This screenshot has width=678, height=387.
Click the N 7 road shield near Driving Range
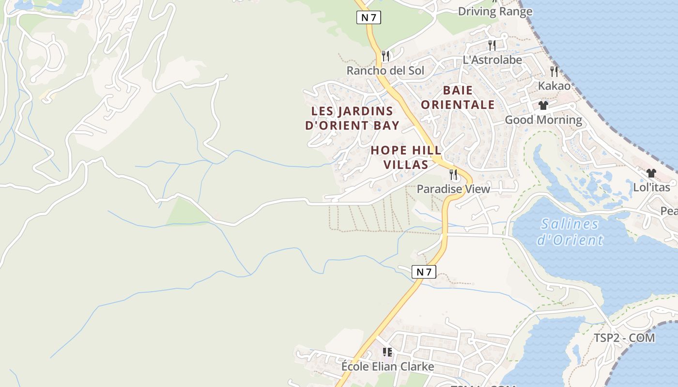tap(369, 18)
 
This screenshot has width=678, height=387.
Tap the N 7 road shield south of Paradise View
tap(424, 272)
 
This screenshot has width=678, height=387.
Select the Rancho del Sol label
tap(385, 71)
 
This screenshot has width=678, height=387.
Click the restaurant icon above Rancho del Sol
tap(385, 56)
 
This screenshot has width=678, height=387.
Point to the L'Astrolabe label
tap(492, 60)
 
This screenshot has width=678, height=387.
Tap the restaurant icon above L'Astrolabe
tap(492, 45)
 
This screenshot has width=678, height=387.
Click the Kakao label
tap(554, 86)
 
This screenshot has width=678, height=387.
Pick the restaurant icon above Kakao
tap(554, 72)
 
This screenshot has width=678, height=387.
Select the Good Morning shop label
tap(543, 119)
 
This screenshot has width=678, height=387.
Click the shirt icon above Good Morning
tap(543, 105)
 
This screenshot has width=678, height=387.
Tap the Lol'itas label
tap(651, 187)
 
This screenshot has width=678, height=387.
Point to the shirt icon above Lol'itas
tap(651, 173)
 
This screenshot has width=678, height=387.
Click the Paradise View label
tap(453, 189)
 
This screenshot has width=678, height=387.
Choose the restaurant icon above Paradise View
tap(453, 175)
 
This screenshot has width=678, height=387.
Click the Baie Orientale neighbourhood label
tap(458, 97)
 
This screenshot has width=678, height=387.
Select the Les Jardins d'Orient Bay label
tap(352, 118)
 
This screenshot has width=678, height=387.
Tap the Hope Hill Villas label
tap(400, 157)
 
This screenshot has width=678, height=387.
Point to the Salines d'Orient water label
tap(570, 231)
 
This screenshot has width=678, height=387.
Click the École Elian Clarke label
tap(387, 366)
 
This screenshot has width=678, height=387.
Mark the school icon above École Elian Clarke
tap(387, 352)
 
